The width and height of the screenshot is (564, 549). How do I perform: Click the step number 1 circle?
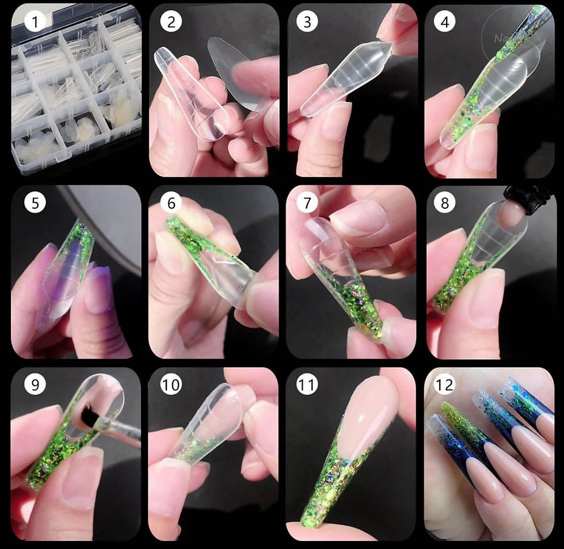pyautogui.click(x=36, y=22)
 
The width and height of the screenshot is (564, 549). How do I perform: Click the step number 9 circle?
pyautogui.click(x=36, y=385)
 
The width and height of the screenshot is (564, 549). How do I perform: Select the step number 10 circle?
pyautogui.click(x=171, y=385)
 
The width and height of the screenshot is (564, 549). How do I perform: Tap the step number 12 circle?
pyautogui.click(x=445, y=385)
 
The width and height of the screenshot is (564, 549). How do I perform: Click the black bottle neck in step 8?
pyautogui.click(x=526, y=198)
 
